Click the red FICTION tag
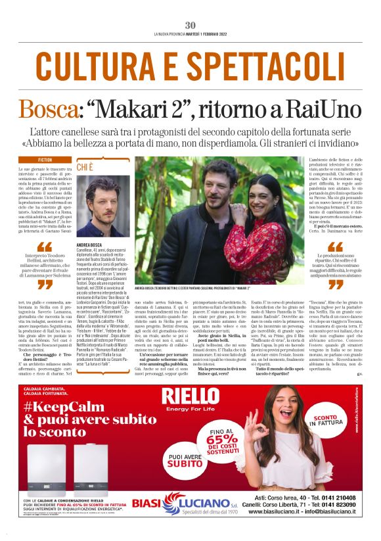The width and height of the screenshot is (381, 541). pos(45,160)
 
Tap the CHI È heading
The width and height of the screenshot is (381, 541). pos(85,168)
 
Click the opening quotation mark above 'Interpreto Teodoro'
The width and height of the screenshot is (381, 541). pos(45,248)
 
